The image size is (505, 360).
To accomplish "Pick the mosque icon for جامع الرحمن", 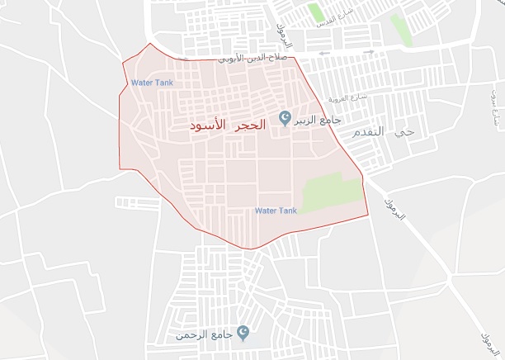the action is coord(243,334).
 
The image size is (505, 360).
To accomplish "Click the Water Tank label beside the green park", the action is coord(275,211).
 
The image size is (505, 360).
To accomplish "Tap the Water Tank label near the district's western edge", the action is coord(151,83).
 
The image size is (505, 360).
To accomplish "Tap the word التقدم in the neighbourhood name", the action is coord(368,132).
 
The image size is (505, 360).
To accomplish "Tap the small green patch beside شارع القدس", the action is coord(314,12).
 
